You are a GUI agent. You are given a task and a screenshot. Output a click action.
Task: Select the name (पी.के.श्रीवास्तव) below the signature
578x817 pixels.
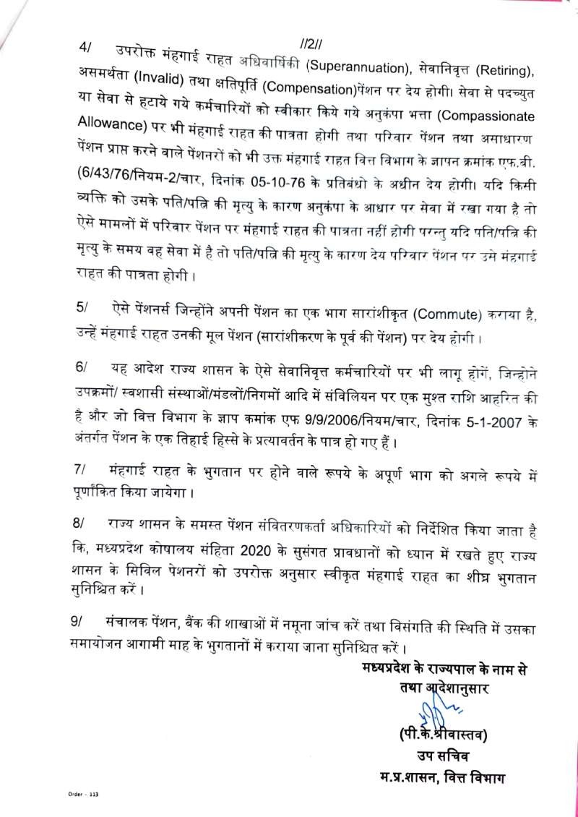(x=444, y=737)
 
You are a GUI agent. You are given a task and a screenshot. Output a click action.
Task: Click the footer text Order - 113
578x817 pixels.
(x=74, y=795)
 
